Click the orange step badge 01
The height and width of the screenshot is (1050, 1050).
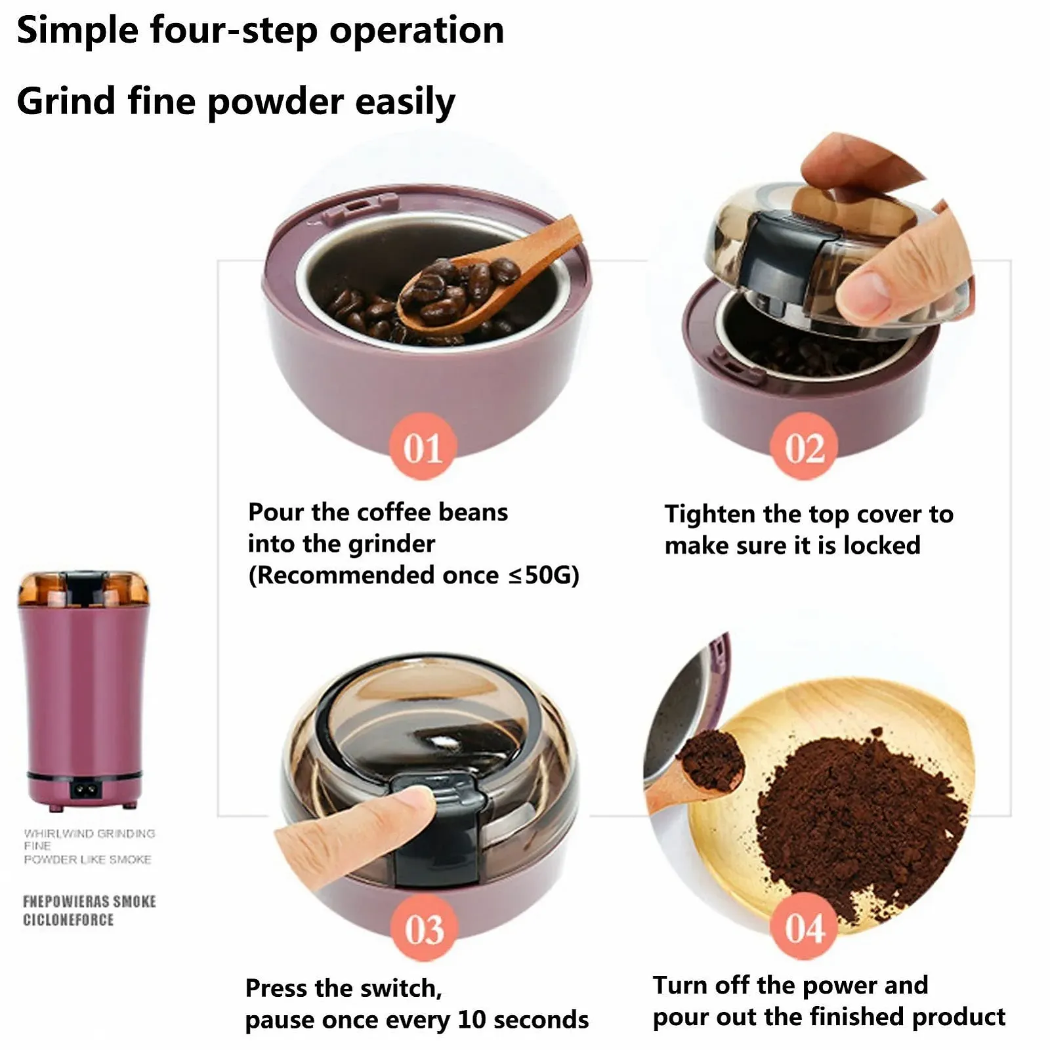[x=423, y=447]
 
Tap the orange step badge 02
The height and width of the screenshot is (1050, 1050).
[x=804, y=447]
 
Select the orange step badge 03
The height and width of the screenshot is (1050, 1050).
[x=424, y=928]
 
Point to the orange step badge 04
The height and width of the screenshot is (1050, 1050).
[x=804, y=927]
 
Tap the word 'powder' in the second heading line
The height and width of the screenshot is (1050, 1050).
[x=275, y=102]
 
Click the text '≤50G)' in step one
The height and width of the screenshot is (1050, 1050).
[x=544, y=576]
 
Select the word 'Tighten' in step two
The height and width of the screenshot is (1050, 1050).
[x=710, y=515]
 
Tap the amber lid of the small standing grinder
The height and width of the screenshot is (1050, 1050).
[x=83, y=589]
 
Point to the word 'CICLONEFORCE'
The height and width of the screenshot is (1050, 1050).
[x=68, y=919]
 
